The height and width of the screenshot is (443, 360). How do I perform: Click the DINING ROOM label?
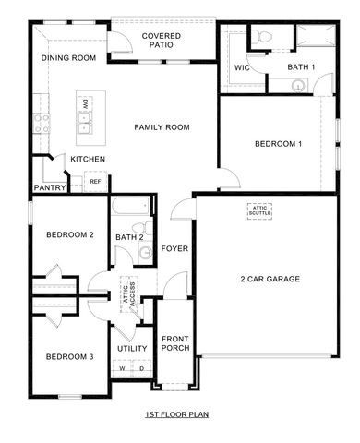tap(69, 58)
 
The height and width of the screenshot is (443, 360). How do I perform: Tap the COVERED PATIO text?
tap(161, 41)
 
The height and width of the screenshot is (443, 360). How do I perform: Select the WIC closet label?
tap(242, 67)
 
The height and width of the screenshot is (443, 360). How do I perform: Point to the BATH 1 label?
tap(301, 67)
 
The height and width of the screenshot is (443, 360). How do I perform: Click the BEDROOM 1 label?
tap(278, 144)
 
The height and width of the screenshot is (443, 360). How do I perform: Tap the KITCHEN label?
tap(88, 160)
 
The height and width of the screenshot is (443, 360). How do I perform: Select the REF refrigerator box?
tap(94, 182)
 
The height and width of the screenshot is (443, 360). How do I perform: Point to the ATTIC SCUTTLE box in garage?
tap(258, 210)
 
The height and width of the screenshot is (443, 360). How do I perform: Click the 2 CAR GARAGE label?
tap(270, 279)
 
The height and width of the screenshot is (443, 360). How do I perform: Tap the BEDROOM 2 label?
tap(70, 234)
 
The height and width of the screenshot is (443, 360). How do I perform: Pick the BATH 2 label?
tap(128, 237)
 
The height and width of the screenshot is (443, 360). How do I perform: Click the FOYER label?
tap(174, 248)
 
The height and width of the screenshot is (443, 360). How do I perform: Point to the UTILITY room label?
tap(132, 348)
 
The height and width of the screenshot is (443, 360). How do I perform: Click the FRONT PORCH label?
tap(175, 342)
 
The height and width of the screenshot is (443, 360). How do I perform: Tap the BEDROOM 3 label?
tap(70, 356)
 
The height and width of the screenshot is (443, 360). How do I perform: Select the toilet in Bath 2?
tap(140, 231)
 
